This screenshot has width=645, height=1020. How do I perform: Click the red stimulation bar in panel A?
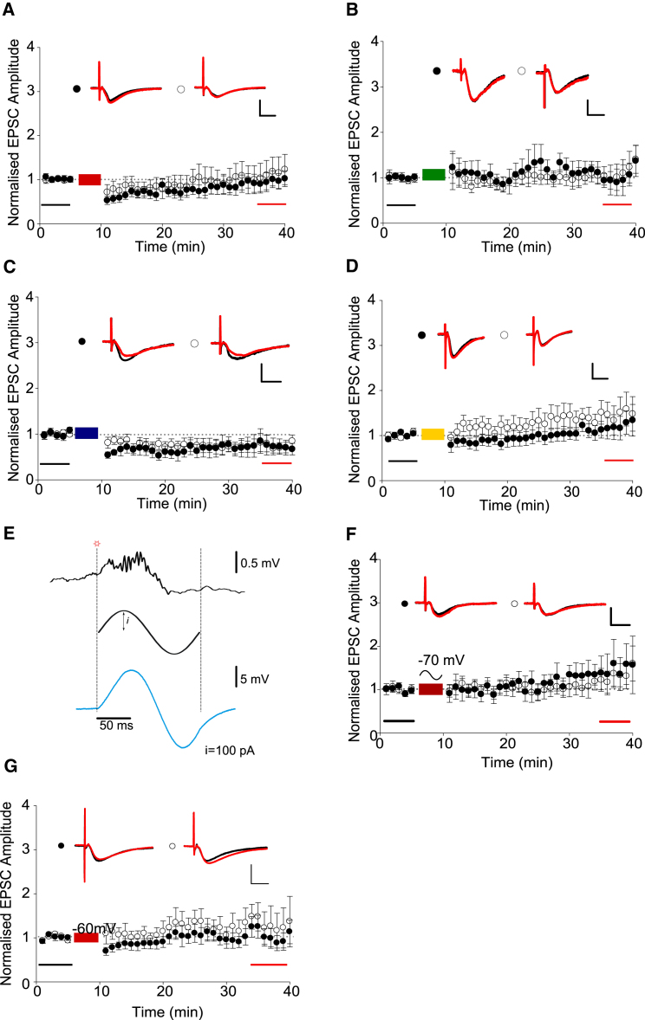point(90,179)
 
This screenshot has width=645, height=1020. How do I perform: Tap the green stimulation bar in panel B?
point(433,175)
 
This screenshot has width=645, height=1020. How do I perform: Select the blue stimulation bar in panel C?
point(87,433)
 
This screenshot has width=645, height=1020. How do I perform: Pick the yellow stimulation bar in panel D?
point(433,434)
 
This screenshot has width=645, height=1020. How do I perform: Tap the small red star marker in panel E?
point(97,543)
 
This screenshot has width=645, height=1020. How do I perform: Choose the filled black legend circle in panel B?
point(437,71)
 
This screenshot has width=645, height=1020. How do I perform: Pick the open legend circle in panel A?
point(181,89)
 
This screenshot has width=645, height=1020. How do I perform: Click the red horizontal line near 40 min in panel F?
point(615,720)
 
